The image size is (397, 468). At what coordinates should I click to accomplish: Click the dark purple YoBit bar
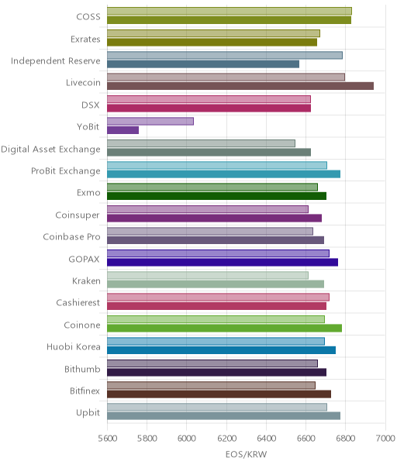(123, 130)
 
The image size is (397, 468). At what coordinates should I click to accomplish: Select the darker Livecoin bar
(240, 86)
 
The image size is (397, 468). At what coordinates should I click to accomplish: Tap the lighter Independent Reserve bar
(225, 55)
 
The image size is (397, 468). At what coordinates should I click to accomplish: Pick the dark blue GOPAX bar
(223, 262)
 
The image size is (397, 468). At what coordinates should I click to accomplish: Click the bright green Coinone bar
(225, 328)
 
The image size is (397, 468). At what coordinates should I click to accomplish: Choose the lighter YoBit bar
(150, 121)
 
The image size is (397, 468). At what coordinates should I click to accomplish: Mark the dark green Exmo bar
(217, 196)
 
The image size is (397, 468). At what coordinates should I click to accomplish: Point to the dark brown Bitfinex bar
(219, 394)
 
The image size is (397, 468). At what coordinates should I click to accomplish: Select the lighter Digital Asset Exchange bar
(201, 143)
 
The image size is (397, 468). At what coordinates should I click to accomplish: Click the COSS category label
(88, 17)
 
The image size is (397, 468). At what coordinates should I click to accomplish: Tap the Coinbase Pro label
(71, 236)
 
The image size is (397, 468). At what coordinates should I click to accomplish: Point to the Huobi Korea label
(73, 347)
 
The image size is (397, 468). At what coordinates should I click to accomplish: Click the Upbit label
(88, 413)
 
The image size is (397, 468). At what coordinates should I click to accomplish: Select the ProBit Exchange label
(66, 171)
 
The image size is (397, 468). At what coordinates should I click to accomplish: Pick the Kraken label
(86, 280)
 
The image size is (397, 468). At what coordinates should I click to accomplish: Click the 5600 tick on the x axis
(107, 438)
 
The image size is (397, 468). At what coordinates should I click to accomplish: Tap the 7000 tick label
(385, 438)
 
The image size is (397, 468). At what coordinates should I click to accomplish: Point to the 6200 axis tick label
(226, 438)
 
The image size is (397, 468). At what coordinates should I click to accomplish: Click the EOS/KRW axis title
(246, 454)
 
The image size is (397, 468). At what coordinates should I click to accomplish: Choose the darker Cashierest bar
(217, 306)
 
